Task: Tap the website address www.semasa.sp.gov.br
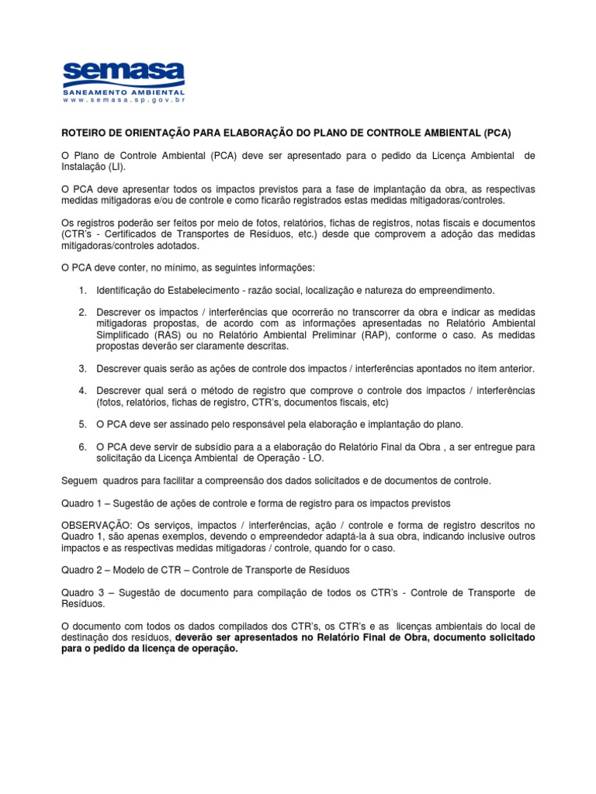click(124, 100)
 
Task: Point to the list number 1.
click(81, 290)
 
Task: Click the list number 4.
click(81, 390)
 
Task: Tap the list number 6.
click(81, 447)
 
